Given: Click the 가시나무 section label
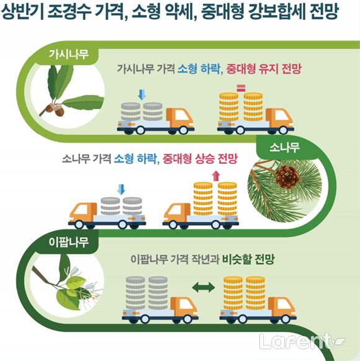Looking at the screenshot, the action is coord(69,55).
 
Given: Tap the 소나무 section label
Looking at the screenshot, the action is coord(285,148).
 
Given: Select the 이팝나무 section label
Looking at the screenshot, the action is coord(69,242).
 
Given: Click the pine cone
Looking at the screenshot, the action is coord(287,177).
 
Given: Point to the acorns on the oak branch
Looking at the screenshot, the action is coord(55,110).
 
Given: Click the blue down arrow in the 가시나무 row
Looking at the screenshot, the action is coord(142,95).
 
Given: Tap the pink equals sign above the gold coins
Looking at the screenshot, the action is coord(241,88).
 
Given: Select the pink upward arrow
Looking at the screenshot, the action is coord(216,176).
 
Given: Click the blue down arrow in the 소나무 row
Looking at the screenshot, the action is coord(121,189).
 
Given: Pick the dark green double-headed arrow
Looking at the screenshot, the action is coord(204,287).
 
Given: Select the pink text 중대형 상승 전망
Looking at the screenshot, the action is coord(200,159).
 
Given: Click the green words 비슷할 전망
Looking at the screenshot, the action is coord(248,260).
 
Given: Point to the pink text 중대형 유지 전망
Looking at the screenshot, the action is coord(264,69).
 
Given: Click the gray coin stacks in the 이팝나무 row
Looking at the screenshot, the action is coord(146,293).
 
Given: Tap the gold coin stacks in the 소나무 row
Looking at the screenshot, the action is coord(215,198).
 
